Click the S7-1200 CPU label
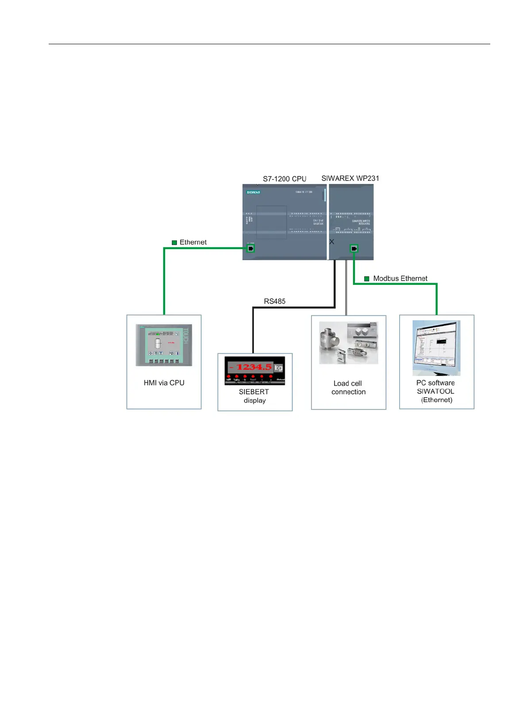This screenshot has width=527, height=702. coord(285,179)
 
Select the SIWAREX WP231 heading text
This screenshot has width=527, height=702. coord(350,178)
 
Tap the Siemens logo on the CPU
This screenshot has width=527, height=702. coord(253,192)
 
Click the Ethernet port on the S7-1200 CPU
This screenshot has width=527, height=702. coord(251,249)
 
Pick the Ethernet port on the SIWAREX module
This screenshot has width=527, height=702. coord(354,249)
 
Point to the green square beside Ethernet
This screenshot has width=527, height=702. coord(174,242)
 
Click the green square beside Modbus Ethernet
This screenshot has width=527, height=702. coord(367,279)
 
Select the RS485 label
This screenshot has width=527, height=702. coord(274,301)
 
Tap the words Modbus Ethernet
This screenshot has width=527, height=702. coord(400,279)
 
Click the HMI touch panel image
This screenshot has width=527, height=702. coord(164,345)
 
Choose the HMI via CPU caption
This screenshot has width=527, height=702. coord(164,383)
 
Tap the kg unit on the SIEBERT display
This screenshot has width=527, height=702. coord(278,368)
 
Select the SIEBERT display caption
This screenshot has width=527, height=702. coord(254,396)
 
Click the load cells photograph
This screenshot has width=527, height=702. coord(348,343)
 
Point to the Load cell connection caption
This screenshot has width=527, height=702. coord(348,387)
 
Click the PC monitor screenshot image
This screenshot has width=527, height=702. coord(436,347)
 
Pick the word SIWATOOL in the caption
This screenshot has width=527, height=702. coord(435,391)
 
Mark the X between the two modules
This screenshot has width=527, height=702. coord(331,242)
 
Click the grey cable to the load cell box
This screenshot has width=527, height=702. coord(346,288)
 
